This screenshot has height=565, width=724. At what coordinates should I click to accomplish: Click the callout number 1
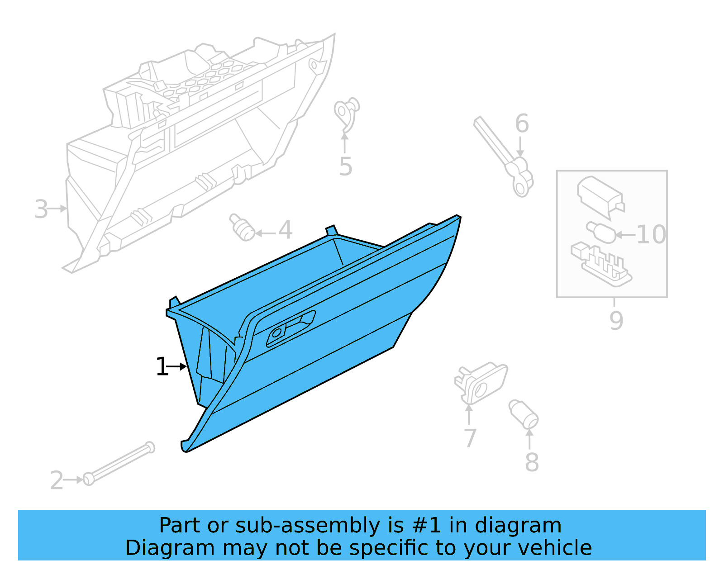162,366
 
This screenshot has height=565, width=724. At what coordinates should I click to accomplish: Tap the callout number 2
57,480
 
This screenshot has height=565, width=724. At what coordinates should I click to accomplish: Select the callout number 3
41,209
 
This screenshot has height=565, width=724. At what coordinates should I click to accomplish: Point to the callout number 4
285,230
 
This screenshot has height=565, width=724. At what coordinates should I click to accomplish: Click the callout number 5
346,167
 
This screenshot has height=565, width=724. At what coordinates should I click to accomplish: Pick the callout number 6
522,123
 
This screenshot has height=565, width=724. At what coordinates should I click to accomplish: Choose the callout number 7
470,438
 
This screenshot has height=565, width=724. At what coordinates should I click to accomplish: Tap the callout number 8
532,462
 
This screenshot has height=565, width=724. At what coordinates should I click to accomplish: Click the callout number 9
616,320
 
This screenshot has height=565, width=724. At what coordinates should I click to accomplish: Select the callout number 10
651,234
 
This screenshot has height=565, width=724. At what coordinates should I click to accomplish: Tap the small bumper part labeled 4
242,227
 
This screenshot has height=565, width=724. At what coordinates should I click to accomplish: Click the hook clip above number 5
347,111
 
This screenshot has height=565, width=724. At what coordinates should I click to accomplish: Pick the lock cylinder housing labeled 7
481,382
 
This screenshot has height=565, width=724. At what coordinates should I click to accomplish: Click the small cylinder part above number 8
523,413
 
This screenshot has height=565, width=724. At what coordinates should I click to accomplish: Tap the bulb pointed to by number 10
600,231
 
